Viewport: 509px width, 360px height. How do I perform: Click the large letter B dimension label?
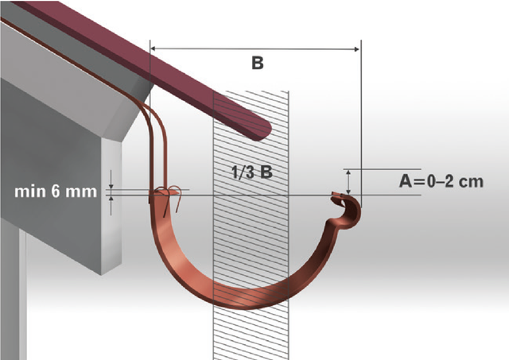(258, 63)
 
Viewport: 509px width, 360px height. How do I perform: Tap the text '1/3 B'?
(252, 172)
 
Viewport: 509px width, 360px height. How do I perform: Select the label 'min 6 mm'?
(56, 192)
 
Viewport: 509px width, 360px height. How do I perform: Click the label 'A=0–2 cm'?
(441, 181)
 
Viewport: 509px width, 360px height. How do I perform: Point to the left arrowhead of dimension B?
(153, 48)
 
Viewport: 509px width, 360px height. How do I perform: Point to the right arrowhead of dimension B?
(356, 49)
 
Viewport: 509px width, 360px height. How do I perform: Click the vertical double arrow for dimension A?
(348, 182)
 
